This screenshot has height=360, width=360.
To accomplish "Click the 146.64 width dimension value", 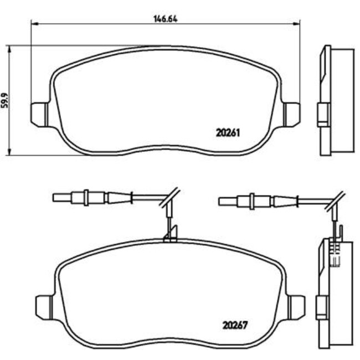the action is point(165,19).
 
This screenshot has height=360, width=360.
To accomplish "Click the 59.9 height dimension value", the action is point(5,100).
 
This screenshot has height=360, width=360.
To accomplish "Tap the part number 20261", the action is point(228,133).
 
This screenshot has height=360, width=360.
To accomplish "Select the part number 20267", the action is point(235,325).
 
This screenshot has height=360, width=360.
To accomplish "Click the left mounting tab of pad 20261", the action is point(39,115).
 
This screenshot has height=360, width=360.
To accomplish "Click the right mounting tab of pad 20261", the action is point(291,115).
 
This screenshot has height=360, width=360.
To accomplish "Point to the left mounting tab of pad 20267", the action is point(44,307).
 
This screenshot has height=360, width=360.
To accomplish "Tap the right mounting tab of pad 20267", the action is point(297,307).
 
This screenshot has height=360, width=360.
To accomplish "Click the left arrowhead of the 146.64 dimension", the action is point(34,23).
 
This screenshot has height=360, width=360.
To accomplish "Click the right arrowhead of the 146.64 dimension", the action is point(297,23).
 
